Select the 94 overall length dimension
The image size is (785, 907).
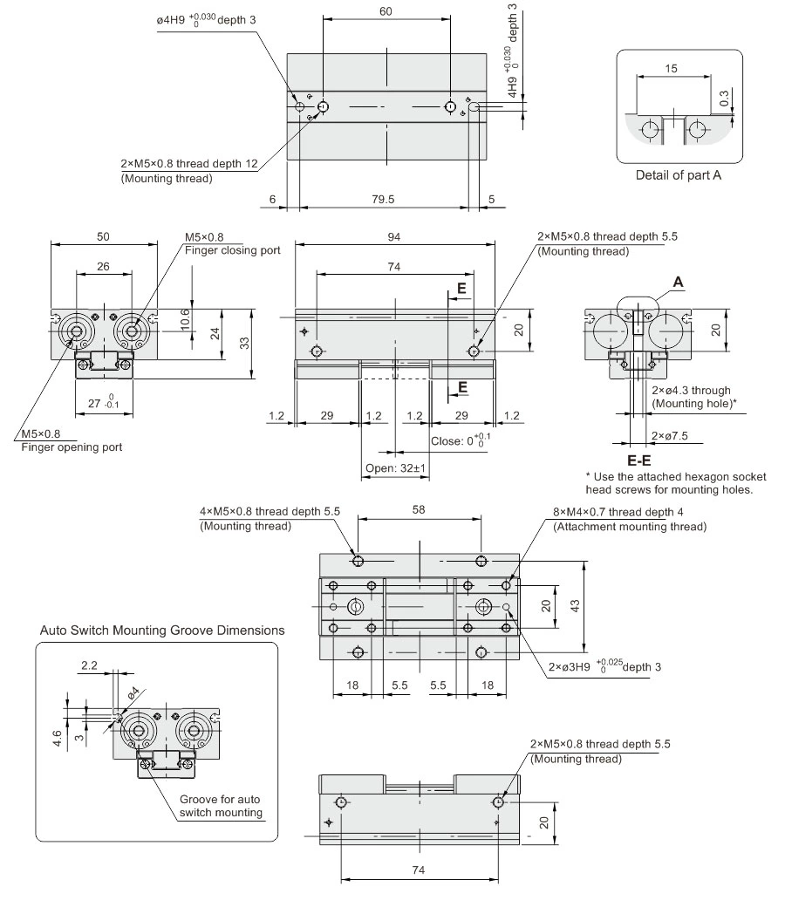(395, 236)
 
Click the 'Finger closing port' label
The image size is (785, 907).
(232, 250)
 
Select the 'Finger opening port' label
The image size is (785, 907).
(72, 447)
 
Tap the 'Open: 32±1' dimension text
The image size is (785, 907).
(395, 468)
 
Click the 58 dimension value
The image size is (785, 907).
(420, 508)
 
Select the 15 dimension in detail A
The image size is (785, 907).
(670, 67)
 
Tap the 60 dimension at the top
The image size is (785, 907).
(386, 10)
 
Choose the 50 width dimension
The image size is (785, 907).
(103, 236)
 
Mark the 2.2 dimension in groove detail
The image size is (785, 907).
(89, 665)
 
